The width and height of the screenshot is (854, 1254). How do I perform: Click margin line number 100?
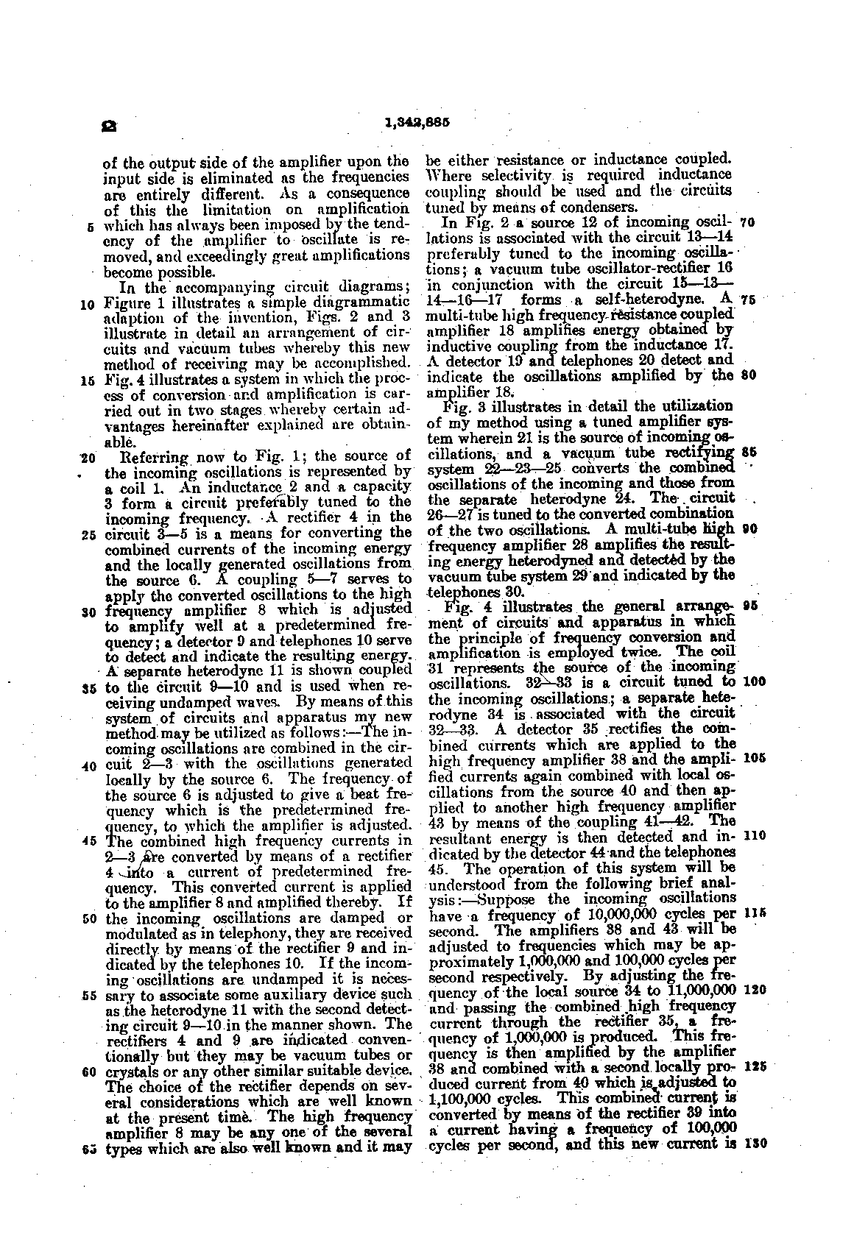753,681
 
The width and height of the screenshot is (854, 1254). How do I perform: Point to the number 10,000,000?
624,914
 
